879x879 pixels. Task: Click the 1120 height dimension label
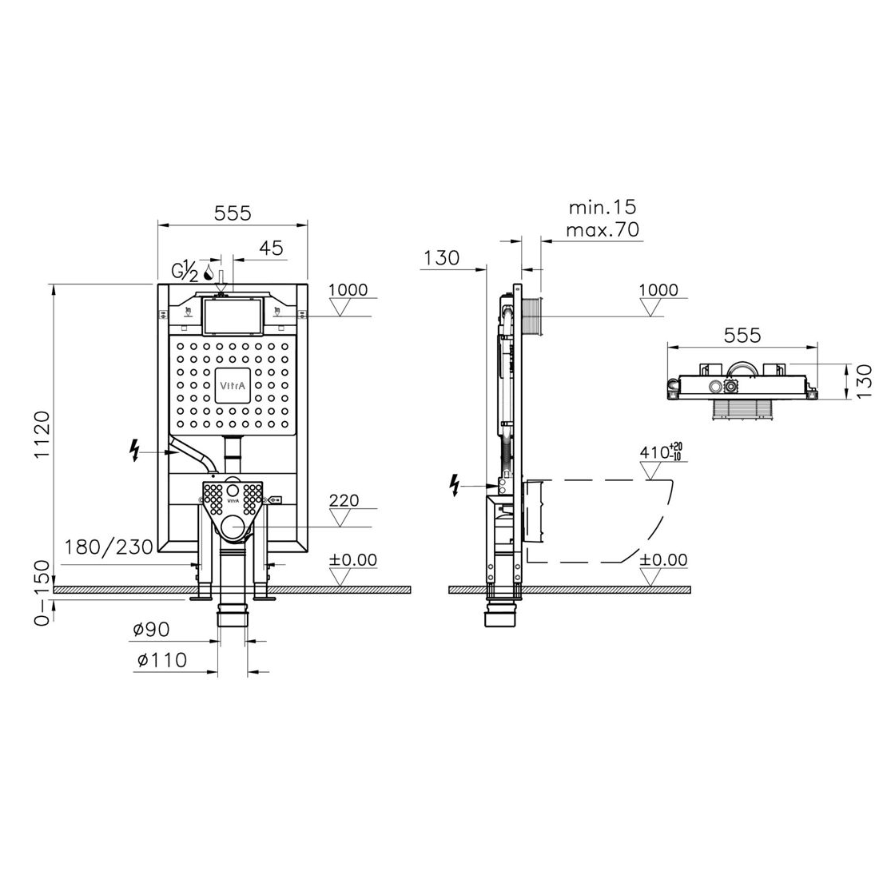[x=42, y=435]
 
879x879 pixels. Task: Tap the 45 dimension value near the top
[x=272, y=248]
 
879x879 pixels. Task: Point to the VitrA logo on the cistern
[x=232, y=385]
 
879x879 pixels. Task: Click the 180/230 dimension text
[x=109, y=547]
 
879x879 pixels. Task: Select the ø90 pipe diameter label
[x=151, y=630]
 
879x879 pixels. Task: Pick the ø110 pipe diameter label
[x=162, y=660]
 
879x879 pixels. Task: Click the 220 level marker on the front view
[x=344, y=499]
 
